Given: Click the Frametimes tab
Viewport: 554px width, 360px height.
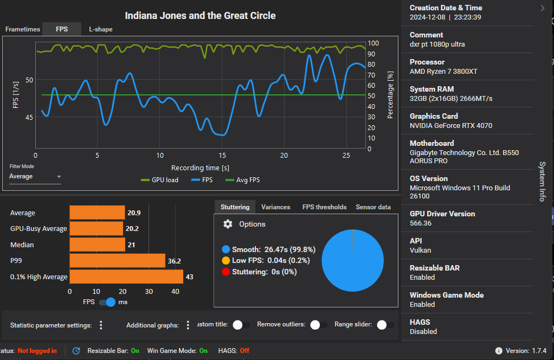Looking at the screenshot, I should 22,29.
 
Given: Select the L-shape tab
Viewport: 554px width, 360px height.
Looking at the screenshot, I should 101,29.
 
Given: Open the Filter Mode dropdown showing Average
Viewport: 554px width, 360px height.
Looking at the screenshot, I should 35,177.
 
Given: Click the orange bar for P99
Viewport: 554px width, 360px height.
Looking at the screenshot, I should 117,261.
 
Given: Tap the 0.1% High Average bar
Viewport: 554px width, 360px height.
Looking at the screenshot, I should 126,277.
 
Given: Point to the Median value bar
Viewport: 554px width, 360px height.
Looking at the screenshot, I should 97,245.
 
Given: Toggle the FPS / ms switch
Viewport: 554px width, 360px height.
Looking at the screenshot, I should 108,302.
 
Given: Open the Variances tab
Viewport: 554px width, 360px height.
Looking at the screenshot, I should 275,207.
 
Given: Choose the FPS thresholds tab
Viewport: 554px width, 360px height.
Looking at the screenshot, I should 324,207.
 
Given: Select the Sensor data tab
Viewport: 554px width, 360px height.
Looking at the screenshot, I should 373,207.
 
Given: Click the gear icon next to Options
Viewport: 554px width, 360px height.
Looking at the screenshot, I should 228,224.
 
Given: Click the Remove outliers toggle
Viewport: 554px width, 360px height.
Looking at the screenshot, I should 318,325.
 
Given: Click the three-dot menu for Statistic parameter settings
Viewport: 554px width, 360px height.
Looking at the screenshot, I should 101,325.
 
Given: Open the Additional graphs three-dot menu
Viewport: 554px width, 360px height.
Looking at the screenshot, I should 188,325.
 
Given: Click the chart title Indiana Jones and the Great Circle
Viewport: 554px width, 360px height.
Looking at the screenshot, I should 200,16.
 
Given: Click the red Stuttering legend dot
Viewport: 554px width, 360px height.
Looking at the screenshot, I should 226,272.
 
